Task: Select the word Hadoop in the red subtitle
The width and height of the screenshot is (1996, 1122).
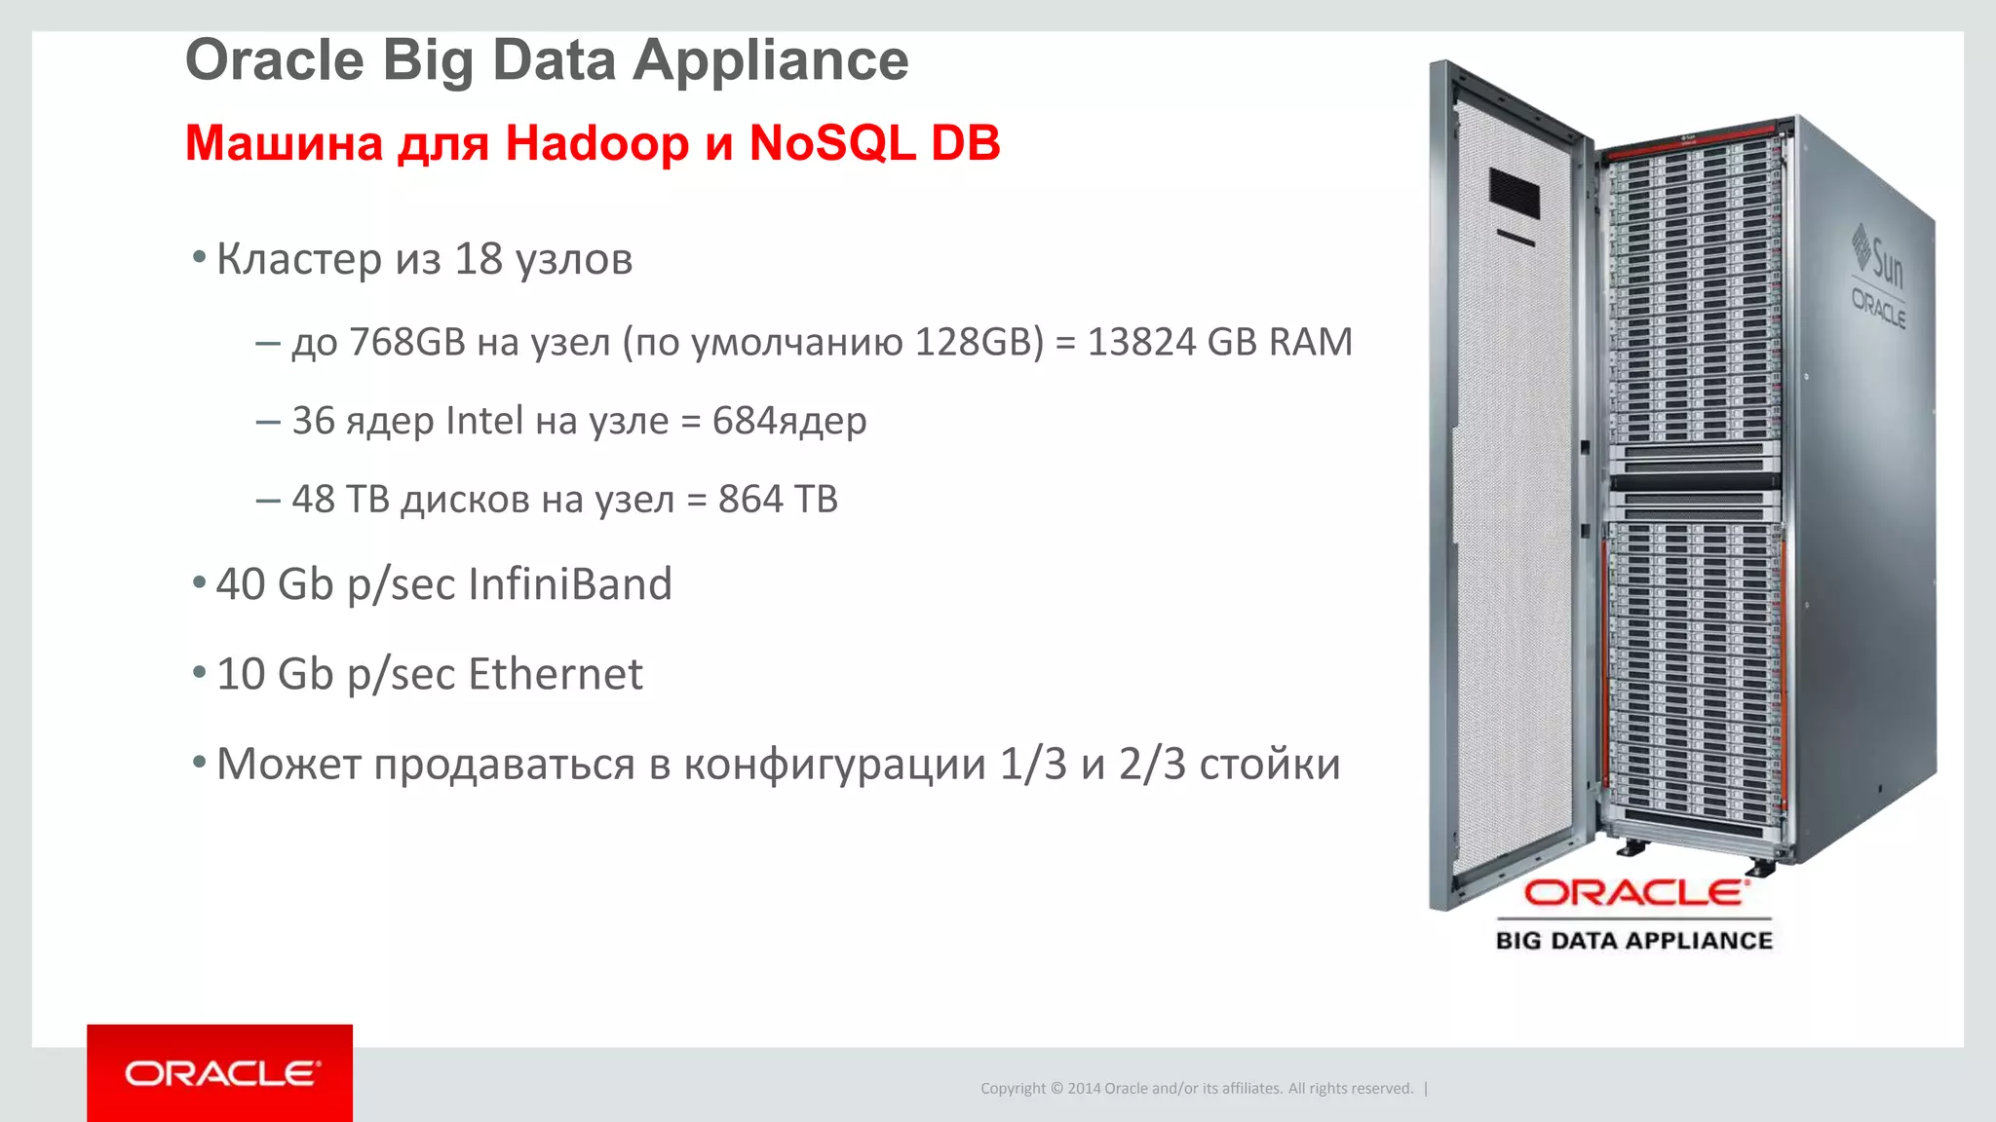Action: (x=596, y=143)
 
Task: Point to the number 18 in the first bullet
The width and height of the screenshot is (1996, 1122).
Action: (x=479, y=259)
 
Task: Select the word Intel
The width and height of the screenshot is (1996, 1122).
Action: (x=484, y=421)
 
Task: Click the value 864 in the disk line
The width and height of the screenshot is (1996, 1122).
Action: (x=750, y=500)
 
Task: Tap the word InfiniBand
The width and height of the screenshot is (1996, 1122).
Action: (x=570, y=584)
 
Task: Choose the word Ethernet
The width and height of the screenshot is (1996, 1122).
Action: (x=556, y=674)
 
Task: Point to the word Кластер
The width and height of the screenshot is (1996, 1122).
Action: (x=299, y=259)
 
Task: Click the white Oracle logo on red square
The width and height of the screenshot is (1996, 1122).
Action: (x=220, y=1073)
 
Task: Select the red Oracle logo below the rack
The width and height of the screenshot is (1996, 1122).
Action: (x=1635, y=892)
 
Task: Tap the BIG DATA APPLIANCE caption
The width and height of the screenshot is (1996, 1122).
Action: (x=1634, y=941)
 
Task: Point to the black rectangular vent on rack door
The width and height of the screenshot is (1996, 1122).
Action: (x=1514, y=195)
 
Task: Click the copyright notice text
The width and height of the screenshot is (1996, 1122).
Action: (x=1197, y=1088)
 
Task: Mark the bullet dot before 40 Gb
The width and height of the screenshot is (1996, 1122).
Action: (x=199, y=583)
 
